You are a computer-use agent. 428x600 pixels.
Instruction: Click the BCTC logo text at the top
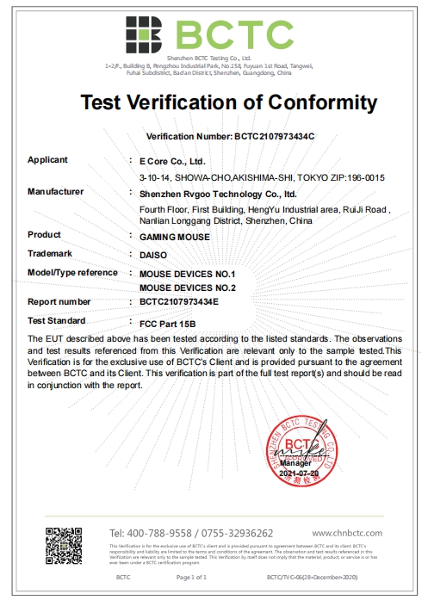(235, 34)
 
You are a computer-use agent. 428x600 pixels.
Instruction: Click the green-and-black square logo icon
(143, 34)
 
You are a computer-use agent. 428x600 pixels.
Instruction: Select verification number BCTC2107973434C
(272, 137)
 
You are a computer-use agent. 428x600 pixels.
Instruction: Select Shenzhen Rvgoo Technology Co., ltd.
(218, 194)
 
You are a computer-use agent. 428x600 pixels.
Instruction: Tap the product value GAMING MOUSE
(170, 235)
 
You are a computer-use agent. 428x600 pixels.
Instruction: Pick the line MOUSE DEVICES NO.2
(187, 287)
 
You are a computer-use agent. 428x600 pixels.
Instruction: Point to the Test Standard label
(56, 320)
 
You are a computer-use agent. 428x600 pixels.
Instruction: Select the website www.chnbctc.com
(346, 534)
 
